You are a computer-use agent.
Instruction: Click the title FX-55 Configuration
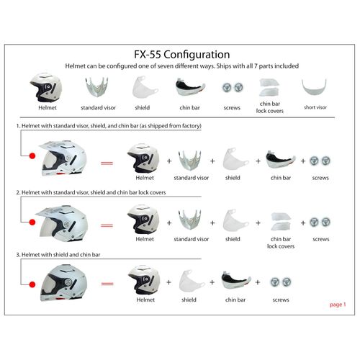182,54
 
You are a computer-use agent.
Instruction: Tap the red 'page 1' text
338,305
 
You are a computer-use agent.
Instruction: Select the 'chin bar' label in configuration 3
235,299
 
